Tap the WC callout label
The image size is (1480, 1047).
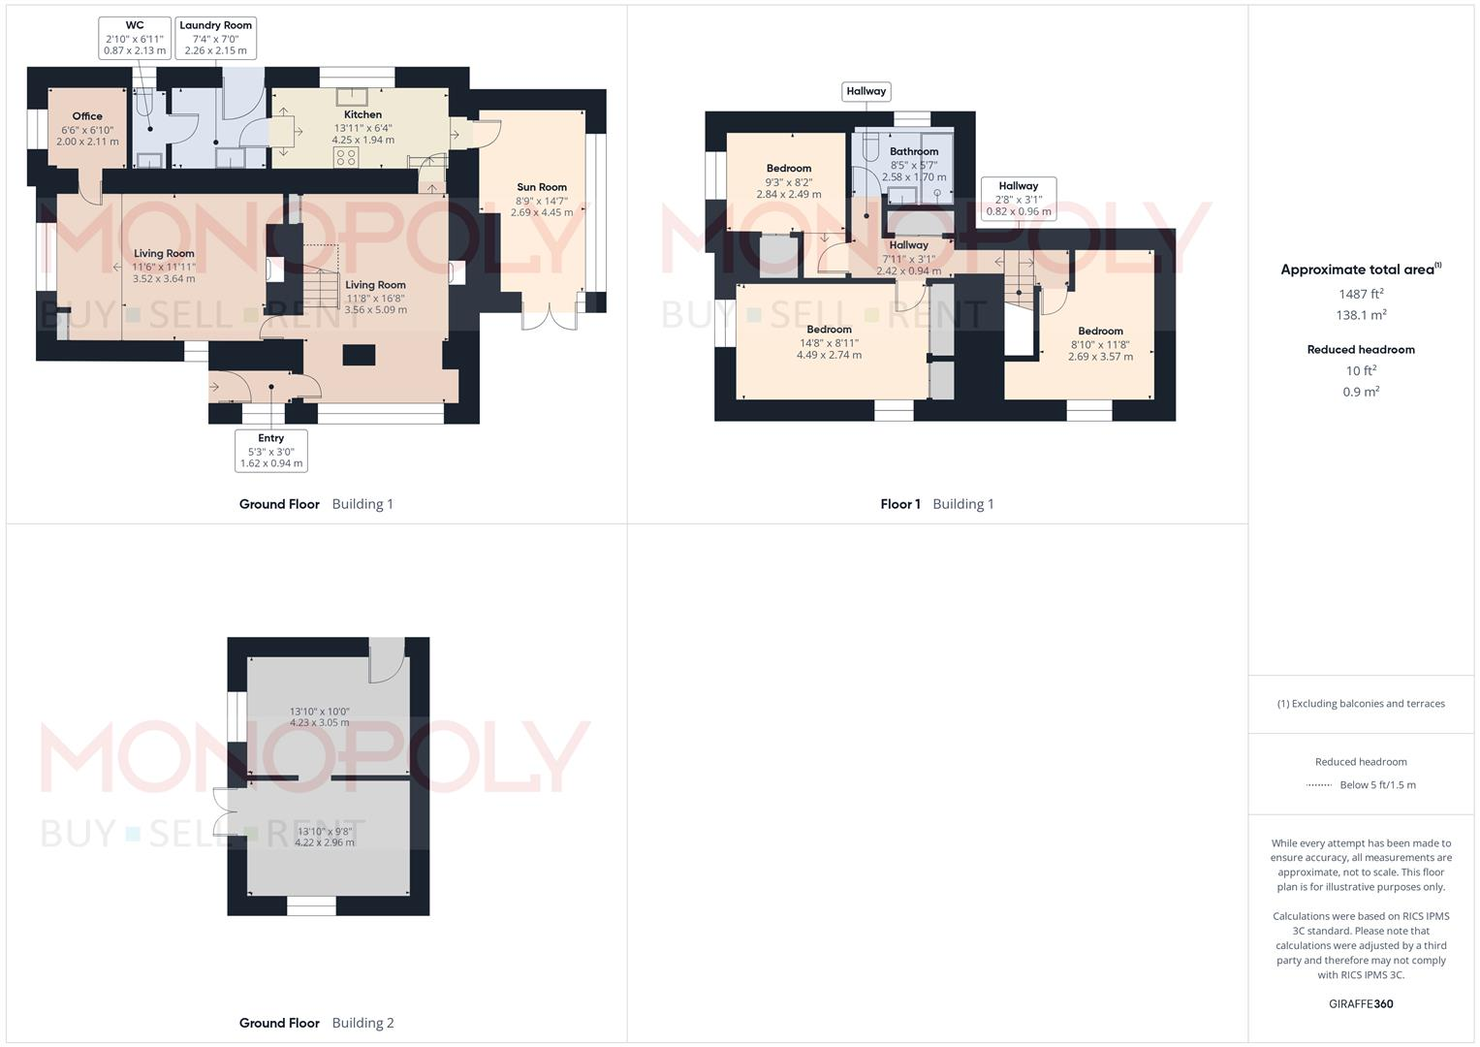coord(135,38)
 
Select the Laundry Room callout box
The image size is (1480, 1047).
coord(215,38)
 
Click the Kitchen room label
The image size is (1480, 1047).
coord(362,127)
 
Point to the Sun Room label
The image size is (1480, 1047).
coord(542,200)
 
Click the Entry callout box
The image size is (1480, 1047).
coord(271,451)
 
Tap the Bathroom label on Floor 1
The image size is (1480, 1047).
coord(914,164)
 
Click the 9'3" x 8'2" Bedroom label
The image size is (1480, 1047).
coord(789,181)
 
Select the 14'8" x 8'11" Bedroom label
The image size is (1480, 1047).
coord(829,342)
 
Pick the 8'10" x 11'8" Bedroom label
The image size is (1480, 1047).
coord(1100,343)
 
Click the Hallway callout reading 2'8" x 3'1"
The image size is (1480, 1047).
coord(1018,199)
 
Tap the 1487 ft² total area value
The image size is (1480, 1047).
coord(1361,294)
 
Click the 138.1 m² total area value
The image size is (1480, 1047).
coord(1361,315)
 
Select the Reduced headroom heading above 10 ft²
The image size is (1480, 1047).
coord(1361,350)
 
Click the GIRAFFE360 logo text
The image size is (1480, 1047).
coord(1361,1003)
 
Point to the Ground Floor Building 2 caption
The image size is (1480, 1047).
coord(317,1023)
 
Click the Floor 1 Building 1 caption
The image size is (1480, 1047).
coord(937,504)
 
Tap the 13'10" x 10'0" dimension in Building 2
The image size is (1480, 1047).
coord(320,716)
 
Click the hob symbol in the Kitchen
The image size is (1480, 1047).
coord(346,157)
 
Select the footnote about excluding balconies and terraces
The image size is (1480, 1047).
coord(1361,704)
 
